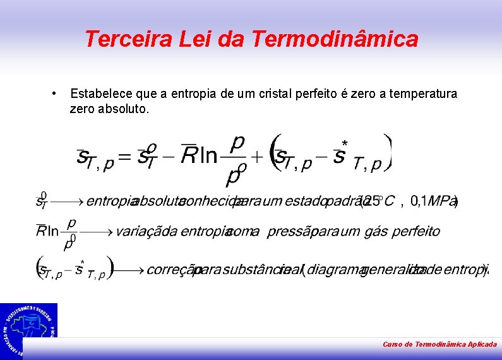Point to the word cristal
click(x=280, y=94)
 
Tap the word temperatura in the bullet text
click(x=424, y=94)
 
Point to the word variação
click(x=138, y=231)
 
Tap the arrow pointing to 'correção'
click(x=130, y=270)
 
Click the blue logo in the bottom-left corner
click(x=28, y=327)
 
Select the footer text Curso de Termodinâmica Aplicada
click(x=439, y=344)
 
